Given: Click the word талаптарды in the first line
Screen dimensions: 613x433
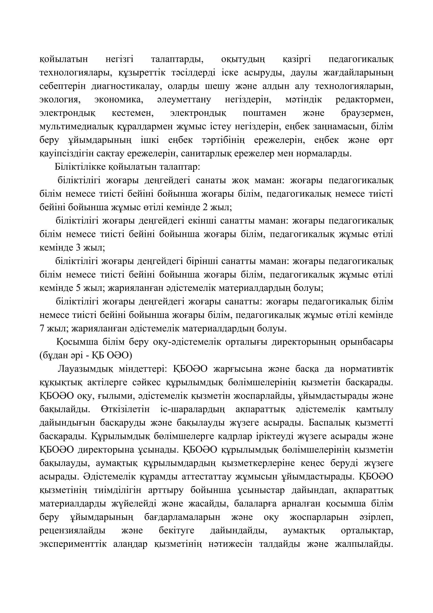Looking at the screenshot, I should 177,59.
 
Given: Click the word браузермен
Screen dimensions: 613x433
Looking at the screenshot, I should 367,113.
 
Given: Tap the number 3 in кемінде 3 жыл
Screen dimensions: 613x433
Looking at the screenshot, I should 78,248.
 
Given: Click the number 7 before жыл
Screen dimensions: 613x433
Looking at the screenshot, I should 42,328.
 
